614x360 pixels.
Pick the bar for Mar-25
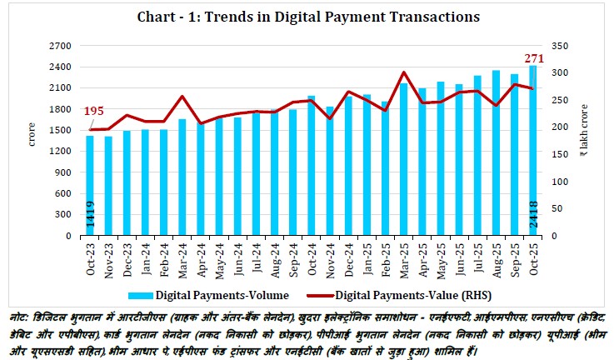(x=403, y=159)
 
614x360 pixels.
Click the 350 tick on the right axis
(x=556, y=45)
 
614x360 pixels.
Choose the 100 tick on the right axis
(x=556, y=182)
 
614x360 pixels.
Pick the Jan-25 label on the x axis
(x=367, y=255)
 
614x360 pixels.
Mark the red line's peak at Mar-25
(x=403, y=72)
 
